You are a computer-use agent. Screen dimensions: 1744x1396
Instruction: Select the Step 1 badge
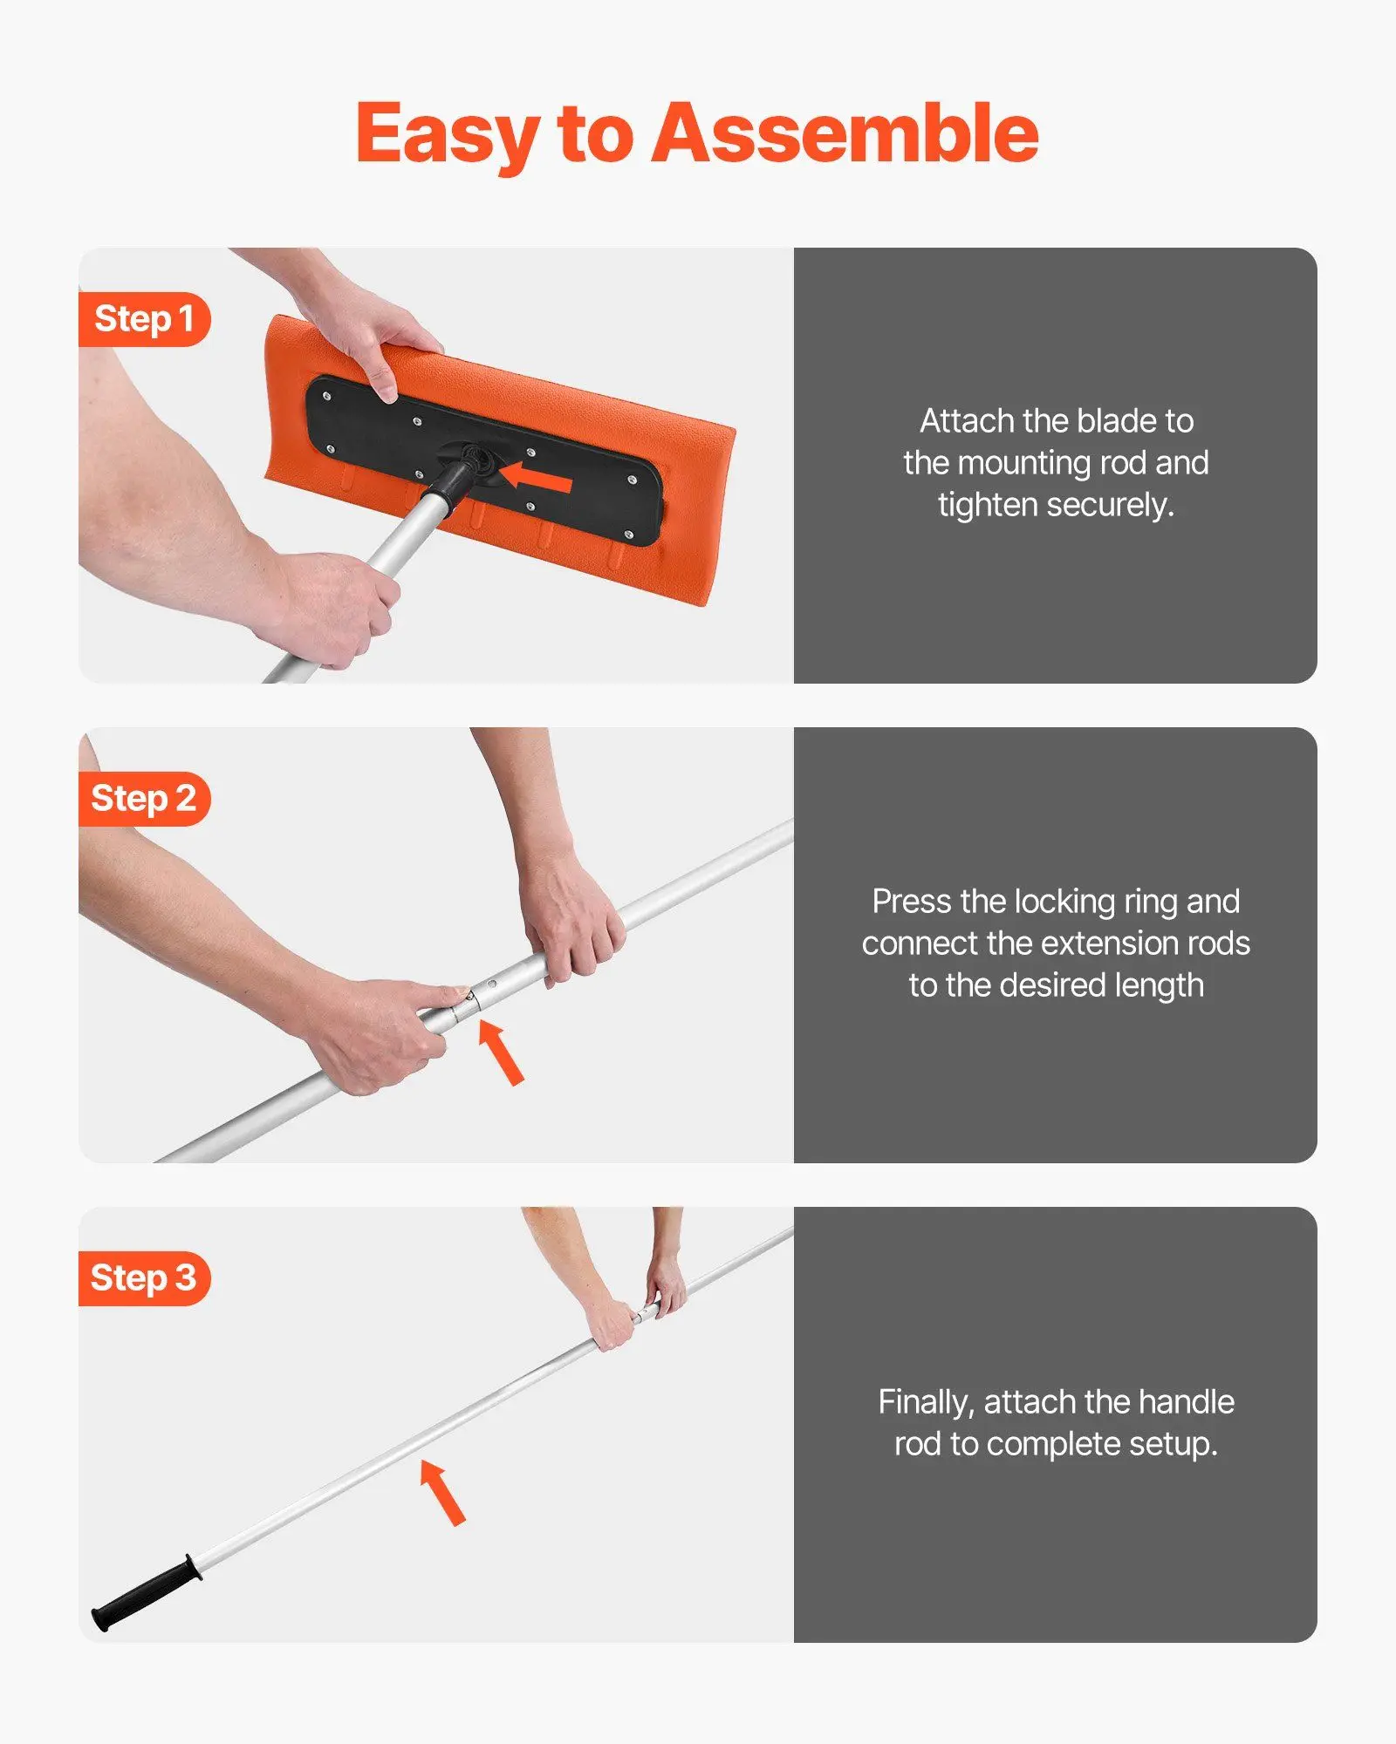tap(144, 319)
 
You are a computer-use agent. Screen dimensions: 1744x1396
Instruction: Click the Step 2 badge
tap(144, 799)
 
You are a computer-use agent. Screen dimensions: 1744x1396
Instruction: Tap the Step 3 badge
tap(144, 1278)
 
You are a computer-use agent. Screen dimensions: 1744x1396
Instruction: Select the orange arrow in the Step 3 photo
tap(442, 1492)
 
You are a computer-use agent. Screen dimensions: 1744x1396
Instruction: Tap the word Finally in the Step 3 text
tap(925, 1402)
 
